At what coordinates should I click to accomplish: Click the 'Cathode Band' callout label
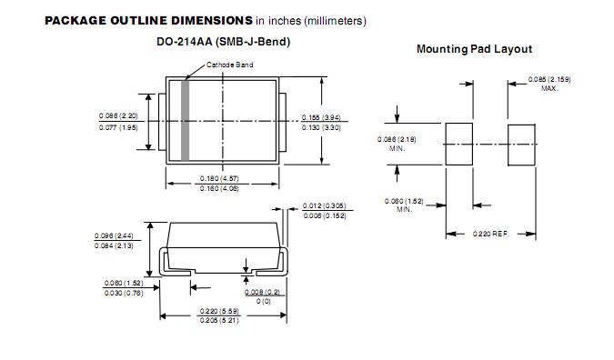pyautogui.click(x=229, y=65)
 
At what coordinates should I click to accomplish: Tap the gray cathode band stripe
pyautogui.click(x=186, y=121)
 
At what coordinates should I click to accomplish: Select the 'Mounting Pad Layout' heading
pyautogui.click(x=474, y=49)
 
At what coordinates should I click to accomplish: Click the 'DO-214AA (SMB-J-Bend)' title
pyautogui.click(x=223, y=42)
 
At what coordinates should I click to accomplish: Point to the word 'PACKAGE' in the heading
pyautogui.click(x=75, y=21)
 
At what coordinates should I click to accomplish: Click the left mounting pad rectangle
pyautogui.click(x=459, y=144)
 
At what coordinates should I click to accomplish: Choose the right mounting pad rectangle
pyautogui.click(x=521, y=145)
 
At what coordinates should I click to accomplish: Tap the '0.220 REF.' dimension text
pyautogui.click(x=490, y=234)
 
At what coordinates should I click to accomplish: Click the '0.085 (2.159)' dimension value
pyautogui.click(x=549, y=80)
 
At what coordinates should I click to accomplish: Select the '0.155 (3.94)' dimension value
pyautogui.click(x=321, y=117)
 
